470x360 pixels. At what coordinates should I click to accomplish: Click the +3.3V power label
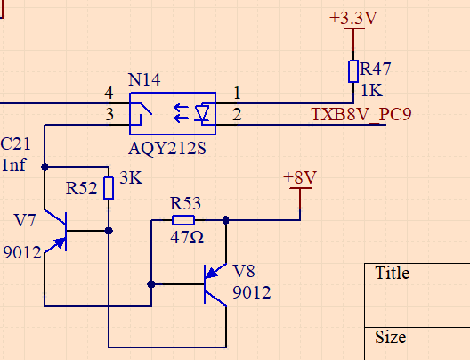coord(353,18)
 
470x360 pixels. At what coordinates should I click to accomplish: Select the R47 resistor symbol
coord(353,71)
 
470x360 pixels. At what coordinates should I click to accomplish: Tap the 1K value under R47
coord(372,90)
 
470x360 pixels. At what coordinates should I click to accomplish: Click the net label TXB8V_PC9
coord(361,114)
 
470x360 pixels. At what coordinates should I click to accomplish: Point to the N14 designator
coord(144,79)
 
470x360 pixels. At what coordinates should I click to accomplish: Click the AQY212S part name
coord(167,148)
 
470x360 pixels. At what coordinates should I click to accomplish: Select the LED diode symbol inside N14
coord(202,113)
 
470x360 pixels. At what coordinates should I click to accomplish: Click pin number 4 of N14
coord(109,93)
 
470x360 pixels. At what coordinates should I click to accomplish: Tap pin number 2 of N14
coord(237,114)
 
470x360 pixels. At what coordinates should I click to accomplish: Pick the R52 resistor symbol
coord(109,188)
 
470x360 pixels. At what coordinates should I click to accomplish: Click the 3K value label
coord(131,177)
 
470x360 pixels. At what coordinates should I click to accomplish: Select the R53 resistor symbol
coord(183,220)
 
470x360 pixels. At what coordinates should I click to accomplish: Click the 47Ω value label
coord(187,237)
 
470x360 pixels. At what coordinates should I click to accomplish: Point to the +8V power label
coord(300,177)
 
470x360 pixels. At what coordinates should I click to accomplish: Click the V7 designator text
coord(25,220)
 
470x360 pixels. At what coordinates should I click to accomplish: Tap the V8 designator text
coord(244,271)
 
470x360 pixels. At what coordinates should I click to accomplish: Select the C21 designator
coord(16,143)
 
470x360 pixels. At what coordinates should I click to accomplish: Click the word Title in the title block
coord(392,273)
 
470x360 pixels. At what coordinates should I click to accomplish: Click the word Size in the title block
coord(391,337)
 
